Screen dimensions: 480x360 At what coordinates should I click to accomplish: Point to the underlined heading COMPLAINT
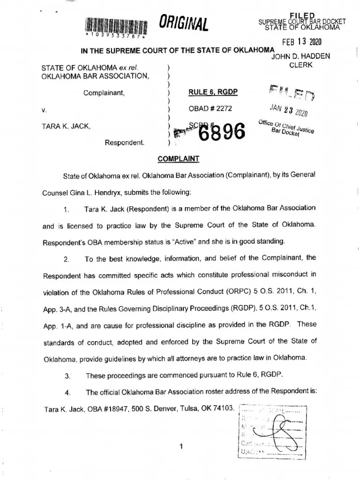pos(179,159)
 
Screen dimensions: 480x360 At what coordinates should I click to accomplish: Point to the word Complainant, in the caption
pos(104,93)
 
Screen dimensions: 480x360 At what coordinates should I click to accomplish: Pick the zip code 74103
pos(224,408)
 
